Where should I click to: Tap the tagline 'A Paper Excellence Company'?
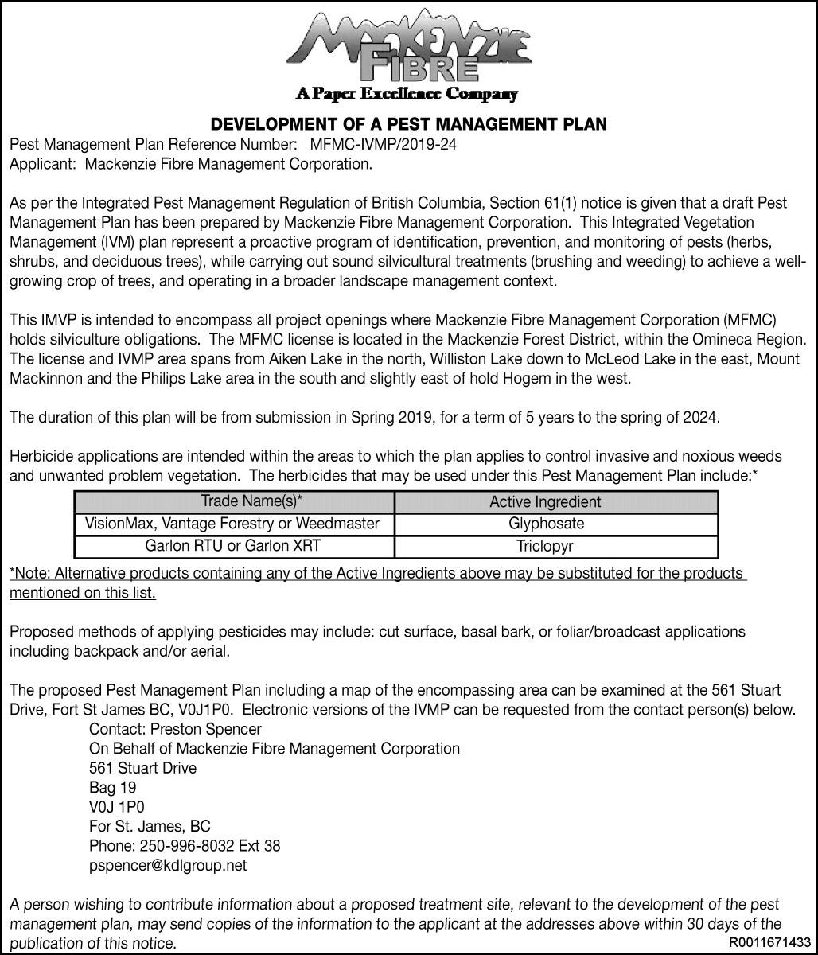407,94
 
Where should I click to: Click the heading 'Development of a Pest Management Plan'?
408,124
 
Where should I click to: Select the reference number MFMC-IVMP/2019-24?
384,145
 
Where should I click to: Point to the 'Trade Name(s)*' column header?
251,501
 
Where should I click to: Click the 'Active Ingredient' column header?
545,501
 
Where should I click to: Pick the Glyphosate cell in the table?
546,524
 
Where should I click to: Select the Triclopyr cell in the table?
545,547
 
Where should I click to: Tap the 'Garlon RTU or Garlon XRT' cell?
232,547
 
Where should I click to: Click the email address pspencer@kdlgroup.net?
168,865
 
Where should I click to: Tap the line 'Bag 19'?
112,788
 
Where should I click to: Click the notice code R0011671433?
769,942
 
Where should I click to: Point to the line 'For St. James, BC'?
150,826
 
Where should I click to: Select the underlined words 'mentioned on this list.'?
83,593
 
